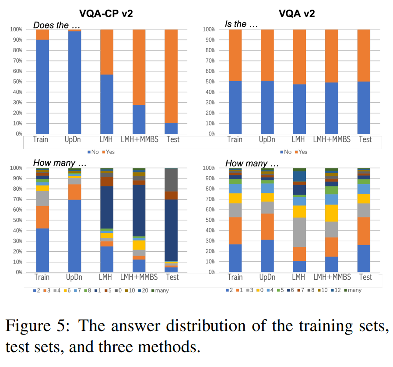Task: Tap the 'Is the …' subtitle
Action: (241, 24)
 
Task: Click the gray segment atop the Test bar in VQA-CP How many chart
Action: (172, 180)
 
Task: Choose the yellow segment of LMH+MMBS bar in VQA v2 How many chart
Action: (332, 213)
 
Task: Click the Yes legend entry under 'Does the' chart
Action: (109, 152)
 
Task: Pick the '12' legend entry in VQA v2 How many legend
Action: (336, 290)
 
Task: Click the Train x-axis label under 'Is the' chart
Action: (235, 140)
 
